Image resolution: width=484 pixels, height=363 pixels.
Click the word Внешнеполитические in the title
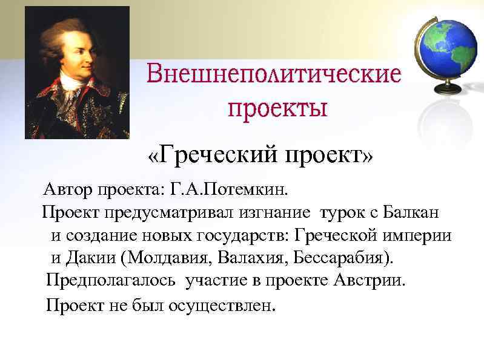[x=274, y=76]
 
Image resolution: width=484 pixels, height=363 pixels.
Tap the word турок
[x=341, y=214]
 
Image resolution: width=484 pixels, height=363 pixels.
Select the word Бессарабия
[x=342, y=258]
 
